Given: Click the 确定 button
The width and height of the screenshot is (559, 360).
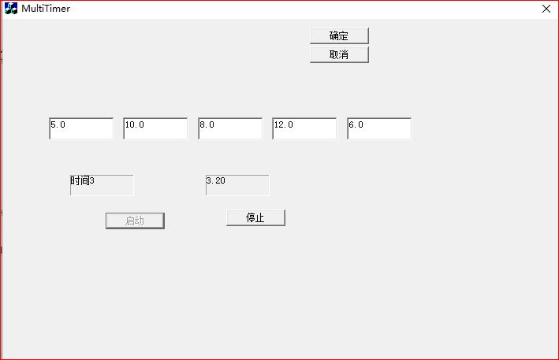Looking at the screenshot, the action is [x=339, y=35].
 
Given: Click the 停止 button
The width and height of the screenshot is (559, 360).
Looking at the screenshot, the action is [x=255, y=218].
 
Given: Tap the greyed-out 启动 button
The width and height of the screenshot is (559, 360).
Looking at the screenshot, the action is [x=135, y=221].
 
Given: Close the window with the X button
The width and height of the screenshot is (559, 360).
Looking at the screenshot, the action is [x=546, y=9].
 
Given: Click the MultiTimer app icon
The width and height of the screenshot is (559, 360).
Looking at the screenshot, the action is [x=11, y=9].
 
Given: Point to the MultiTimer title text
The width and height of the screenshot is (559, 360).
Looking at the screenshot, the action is [x=46, y=9].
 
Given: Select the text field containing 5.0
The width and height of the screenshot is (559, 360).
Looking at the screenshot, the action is [x=81, y=128].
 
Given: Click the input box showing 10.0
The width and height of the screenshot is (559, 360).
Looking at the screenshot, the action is [x=155, y=128].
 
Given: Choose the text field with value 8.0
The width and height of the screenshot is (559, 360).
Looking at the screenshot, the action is [x=230, y=128].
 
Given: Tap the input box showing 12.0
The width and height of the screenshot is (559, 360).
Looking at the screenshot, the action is [x=304, y=128].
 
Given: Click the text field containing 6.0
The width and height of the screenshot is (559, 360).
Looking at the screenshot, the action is [x=379, y=128].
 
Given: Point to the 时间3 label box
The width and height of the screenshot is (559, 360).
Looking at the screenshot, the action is [x=102, y=185].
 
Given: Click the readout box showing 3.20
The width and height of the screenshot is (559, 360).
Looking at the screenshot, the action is [x=237, y=185].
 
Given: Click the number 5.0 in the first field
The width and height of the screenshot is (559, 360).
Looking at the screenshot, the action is [x=58, y=124].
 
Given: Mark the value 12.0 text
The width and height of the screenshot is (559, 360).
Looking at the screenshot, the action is [x=284, y=124].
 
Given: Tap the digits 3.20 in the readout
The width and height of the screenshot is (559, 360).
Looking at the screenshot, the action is [x=216, y=180].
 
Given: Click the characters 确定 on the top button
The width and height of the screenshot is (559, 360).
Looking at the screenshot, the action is [x=339, y=35].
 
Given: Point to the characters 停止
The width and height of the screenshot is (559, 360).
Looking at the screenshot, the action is [x=255, y=218].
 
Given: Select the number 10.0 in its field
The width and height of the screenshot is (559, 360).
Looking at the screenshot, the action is [x=135, y=124].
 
